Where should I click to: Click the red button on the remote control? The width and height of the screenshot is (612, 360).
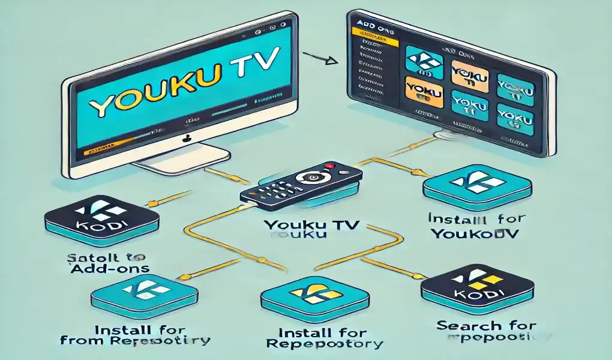tap(329, 166)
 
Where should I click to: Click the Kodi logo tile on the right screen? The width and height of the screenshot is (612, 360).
tap(424, 63)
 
